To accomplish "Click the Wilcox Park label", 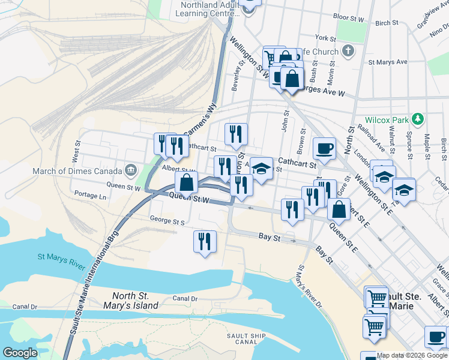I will coord(390,119).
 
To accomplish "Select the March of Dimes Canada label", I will coord(78,171).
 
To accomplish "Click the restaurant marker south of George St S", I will coord(205,241).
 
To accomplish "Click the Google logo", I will coord(20,353).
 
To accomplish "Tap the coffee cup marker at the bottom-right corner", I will coord(436,336).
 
